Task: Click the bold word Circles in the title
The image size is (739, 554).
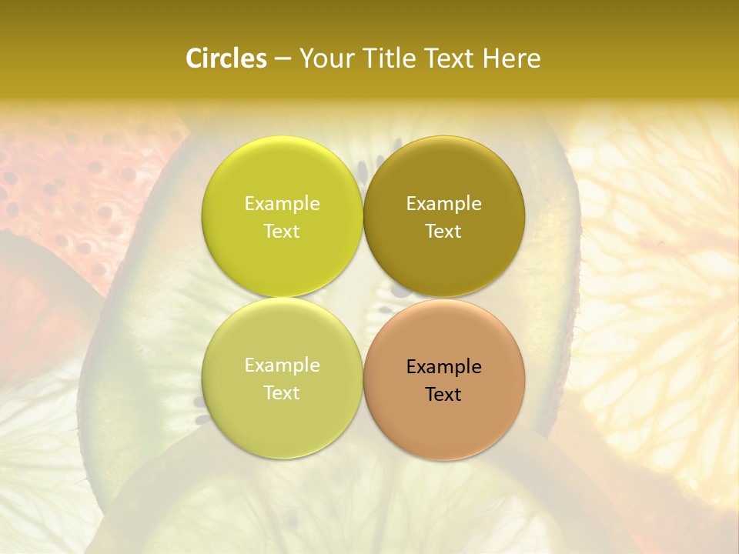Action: pyautogui.click(x=226, y=58)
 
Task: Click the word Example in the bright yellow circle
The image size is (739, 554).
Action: pyautogui.click(x=282, y=204)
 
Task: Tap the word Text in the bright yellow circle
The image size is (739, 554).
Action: pyautogui.click(x=282, y=232)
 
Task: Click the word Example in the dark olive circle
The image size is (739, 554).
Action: pyautogui.click(x=443, y=204)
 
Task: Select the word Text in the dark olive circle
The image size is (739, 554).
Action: pyautogui.click(x=443, y=232)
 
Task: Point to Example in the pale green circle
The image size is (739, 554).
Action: pyautogui.click(x=282, y=365)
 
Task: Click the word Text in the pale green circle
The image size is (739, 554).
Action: pyautogui.click(x=282, y=393)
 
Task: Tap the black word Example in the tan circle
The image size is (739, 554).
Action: pyautogui.click(x=443, y=367)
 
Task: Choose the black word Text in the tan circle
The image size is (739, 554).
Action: pyautogui.click(x=443, y=395)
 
